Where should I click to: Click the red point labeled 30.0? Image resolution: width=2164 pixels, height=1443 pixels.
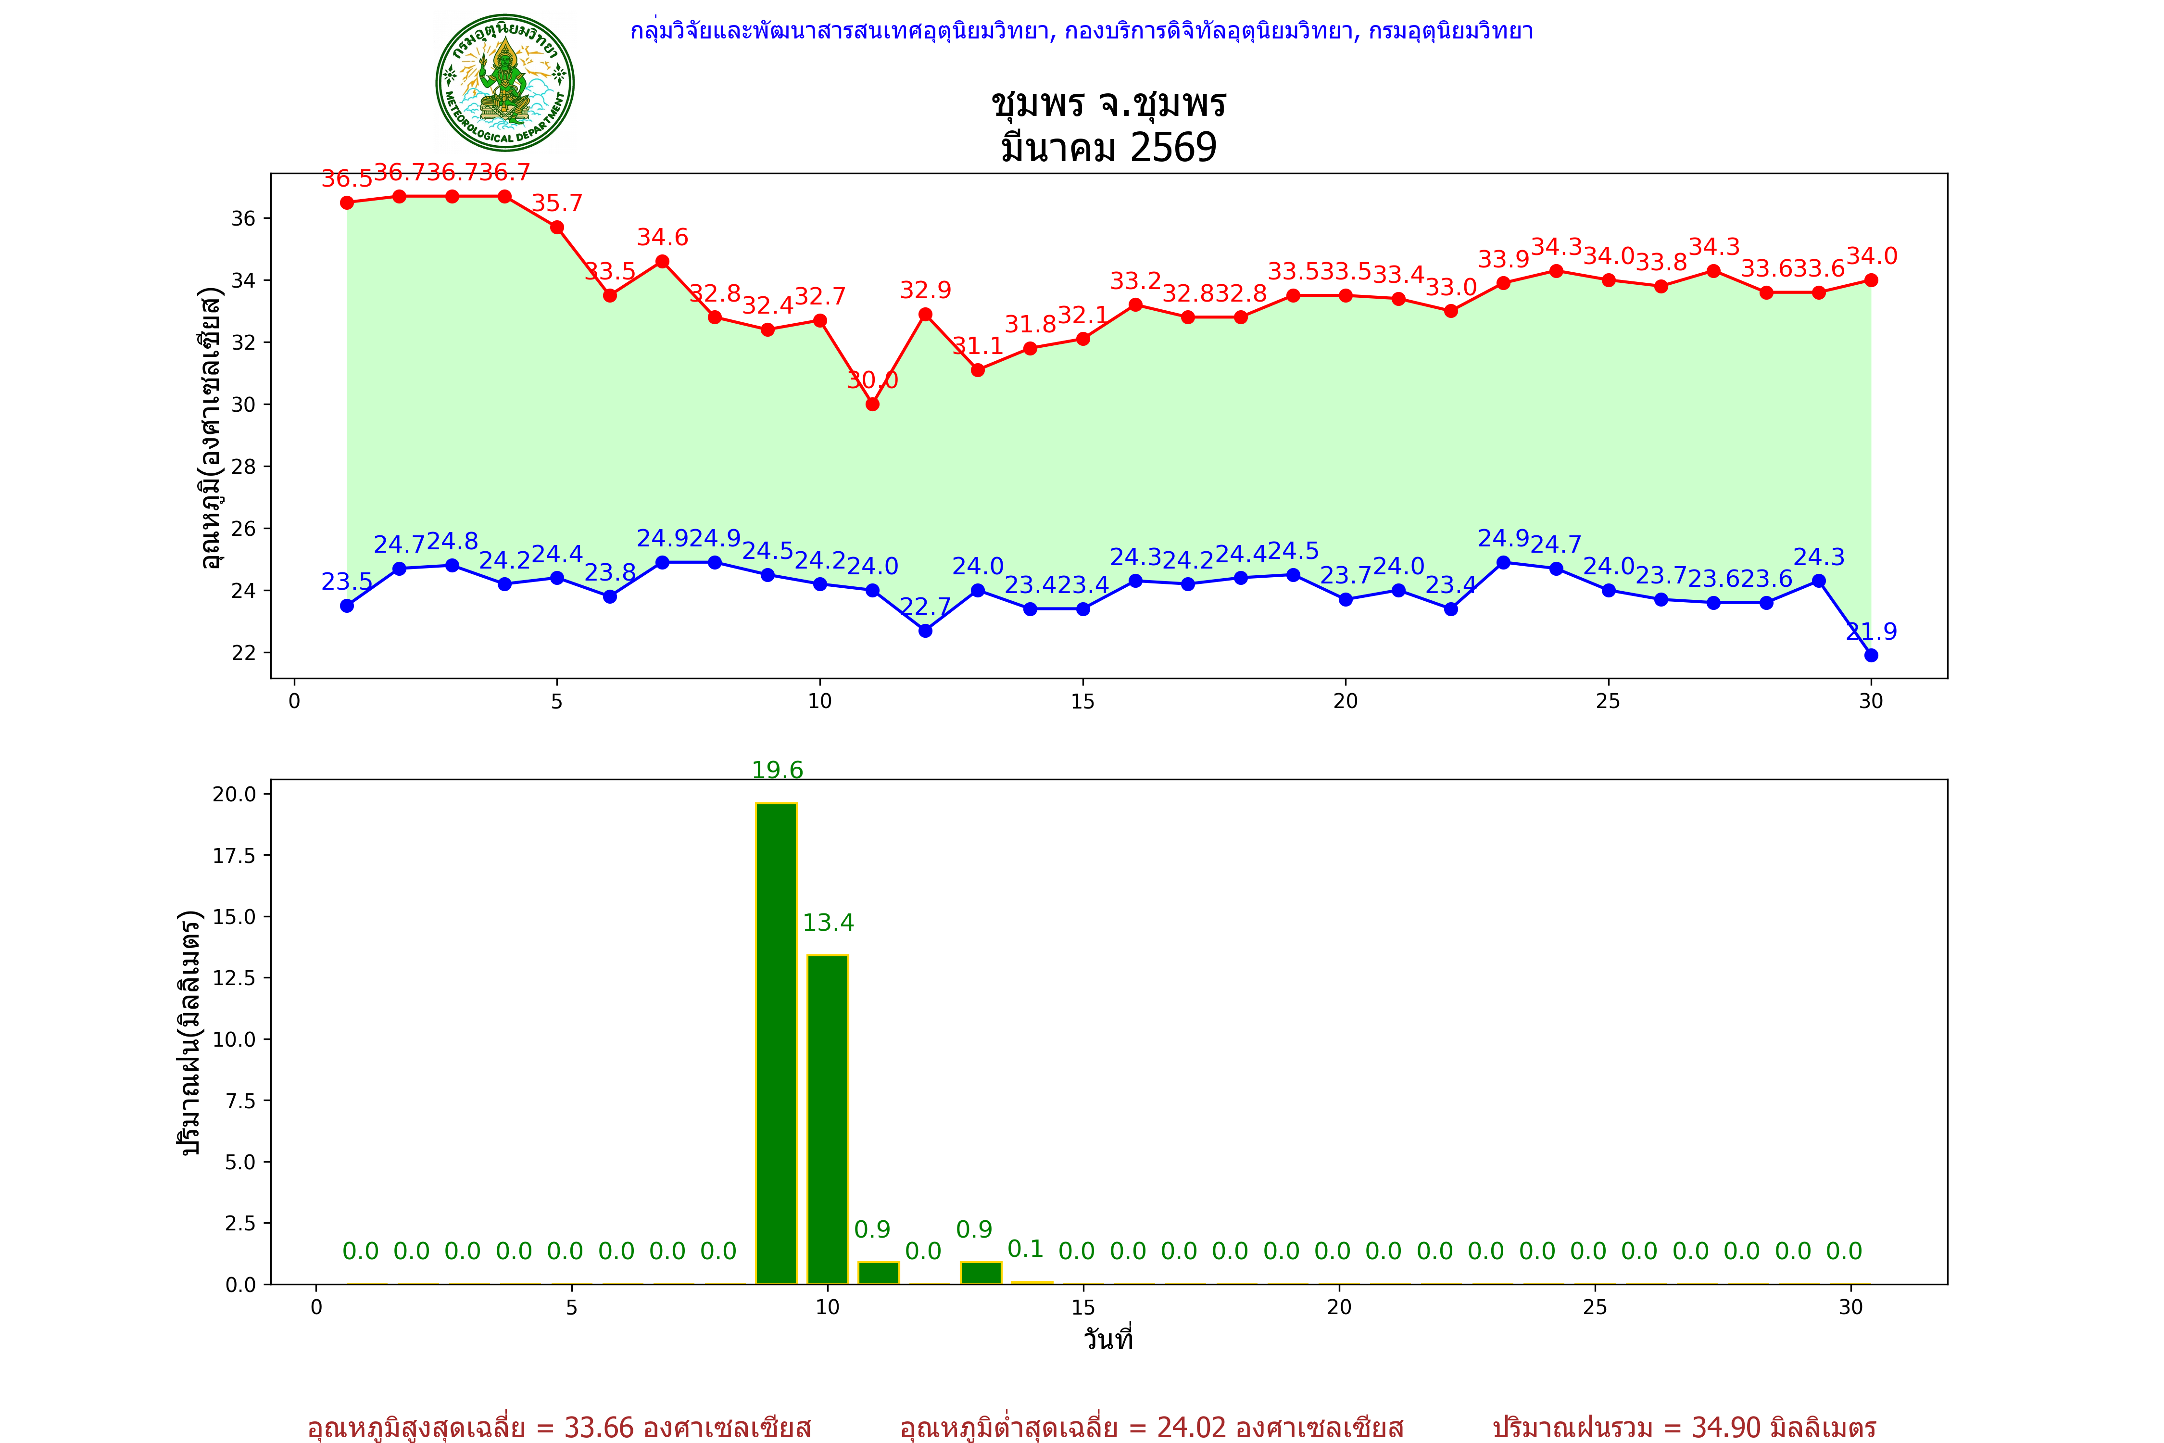point(872,404)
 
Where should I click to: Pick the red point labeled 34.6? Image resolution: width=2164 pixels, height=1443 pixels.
point(663,261)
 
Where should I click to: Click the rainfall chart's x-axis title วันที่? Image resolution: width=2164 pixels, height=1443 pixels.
point(1108,1339)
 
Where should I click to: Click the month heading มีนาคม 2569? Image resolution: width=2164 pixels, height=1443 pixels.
point(1108,147)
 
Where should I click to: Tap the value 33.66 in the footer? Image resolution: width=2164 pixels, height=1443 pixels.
point(599,1427)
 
